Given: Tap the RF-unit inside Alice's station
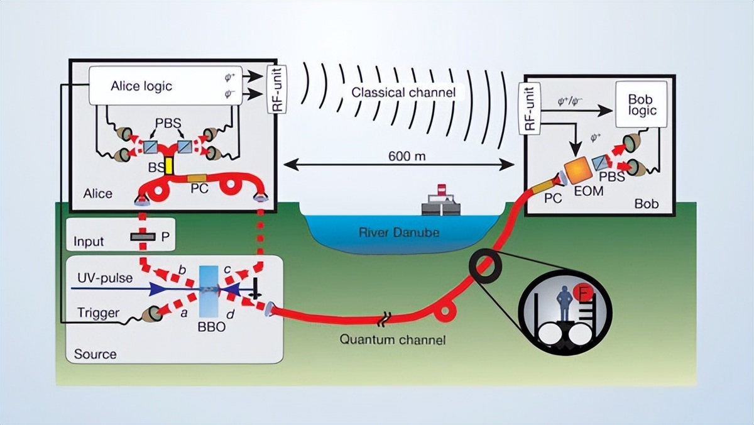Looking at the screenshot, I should coord(276,89).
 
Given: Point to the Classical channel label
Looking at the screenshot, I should coord(403,92).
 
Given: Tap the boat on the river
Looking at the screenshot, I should coord(440,203).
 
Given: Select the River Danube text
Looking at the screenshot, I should coord(398,233).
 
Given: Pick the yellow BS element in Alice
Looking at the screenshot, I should coord(169,166).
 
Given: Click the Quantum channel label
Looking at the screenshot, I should coord(393,340).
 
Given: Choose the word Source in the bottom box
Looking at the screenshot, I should coord(95,354).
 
